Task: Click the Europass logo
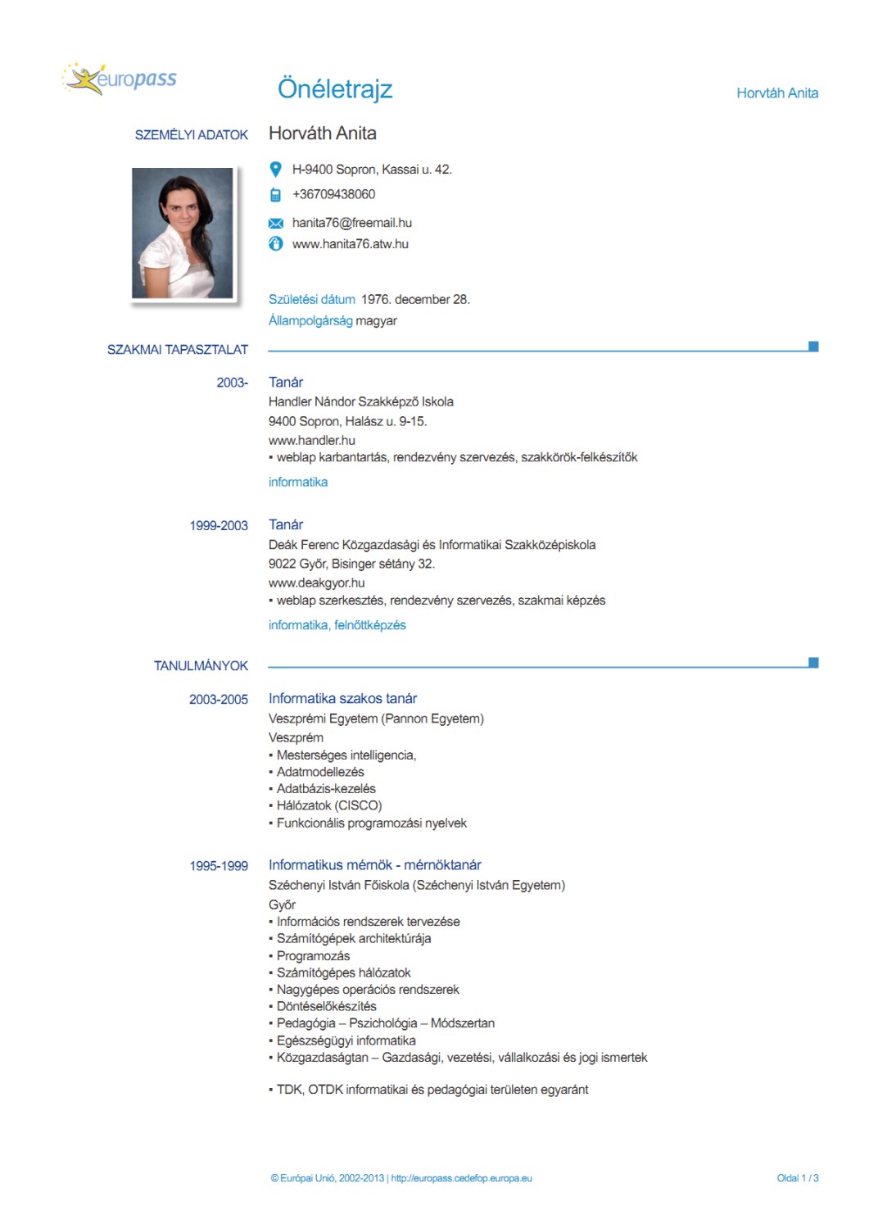click(x=120, y=79)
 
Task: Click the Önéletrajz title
click(x=335, y=88)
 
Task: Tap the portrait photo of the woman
click(x=183, y=234)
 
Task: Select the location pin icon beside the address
click(x=276, y=170)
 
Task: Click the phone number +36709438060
click(x=333, y=194)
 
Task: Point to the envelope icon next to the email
click(x=276, y=223)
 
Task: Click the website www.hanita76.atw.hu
click(x=350, y=244)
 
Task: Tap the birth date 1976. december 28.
click(x=415, y=300)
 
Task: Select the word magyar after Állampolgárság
click(x=376, y=321)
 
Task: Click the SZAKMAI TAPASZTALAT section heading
click(x=178, y=350)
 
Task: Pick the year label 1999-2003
click(x=219, y=526)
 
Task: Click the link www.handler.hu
click(x=312, y=441)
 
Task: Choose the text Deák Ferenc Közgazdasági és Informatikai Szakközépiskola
click(x=432, y=545)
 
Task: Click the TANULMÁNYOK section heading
click(x=201, y=666)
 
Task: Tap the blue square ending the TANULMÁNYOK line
click(x=813, y=663)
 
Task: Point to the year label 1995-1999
click(x=219, y=866)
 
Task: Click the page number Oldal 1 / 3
click(x=797, y=1178)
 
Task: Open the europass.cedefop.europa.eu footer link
click(x=461, y=1178)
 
